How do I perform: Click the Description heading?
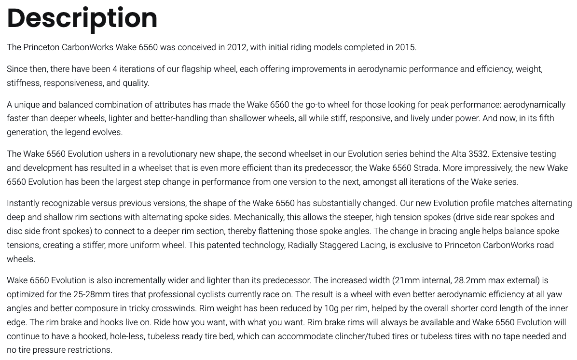coord(82,18)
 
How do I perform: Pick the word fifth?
coord(543,118)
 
